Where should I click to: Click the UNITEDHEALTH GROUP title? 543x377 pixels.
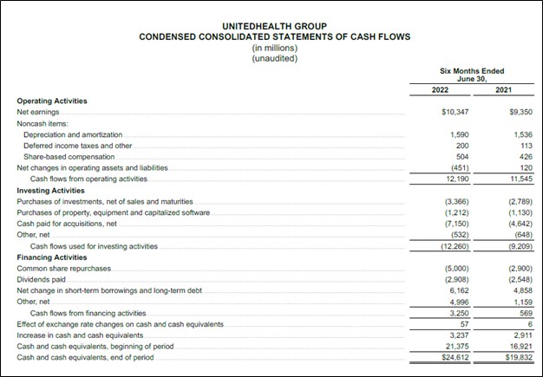(274, 26)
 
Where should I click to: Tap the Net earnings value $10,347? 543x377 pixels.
(455, 113)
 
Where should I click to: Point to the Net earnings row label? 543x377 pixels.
(36, 113)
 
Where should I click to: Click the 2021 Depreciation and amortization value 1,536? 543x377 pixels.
(521, 135)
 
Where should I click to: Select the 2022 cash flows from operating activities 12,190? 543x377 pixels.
(456, 179)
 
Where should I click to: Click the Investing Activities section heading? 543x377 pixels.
(50, 190)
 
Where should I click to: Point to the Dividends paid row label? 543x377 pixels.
(41, 279)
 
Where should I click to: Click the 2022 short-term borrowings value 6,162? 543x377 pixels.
(458, 290)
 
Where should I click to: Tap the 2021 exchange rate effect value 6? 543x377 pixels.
(529, 323)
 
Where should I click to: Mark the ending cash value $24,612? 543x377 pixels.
(455, 357)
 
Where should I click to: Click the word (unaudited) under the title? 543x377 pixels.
(274, 58)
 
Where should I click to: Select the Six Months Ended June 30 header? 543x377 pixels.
(472, 75)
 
